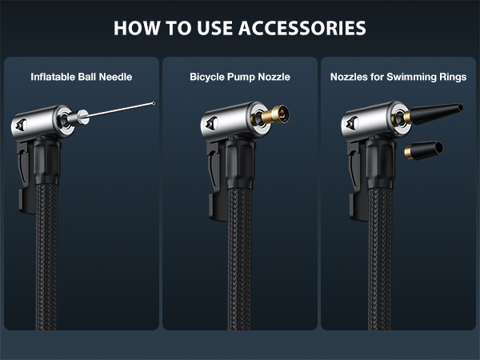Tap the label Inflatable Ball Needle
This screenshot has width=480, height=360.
81,78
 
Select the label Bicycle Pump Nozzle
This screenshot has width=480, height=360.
239,78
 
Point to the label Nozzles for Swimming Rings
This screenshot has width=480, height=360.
398,78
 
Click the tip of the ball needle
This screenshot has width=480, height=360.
154,101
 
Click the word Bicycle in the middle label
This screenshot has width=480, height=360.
208,78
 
